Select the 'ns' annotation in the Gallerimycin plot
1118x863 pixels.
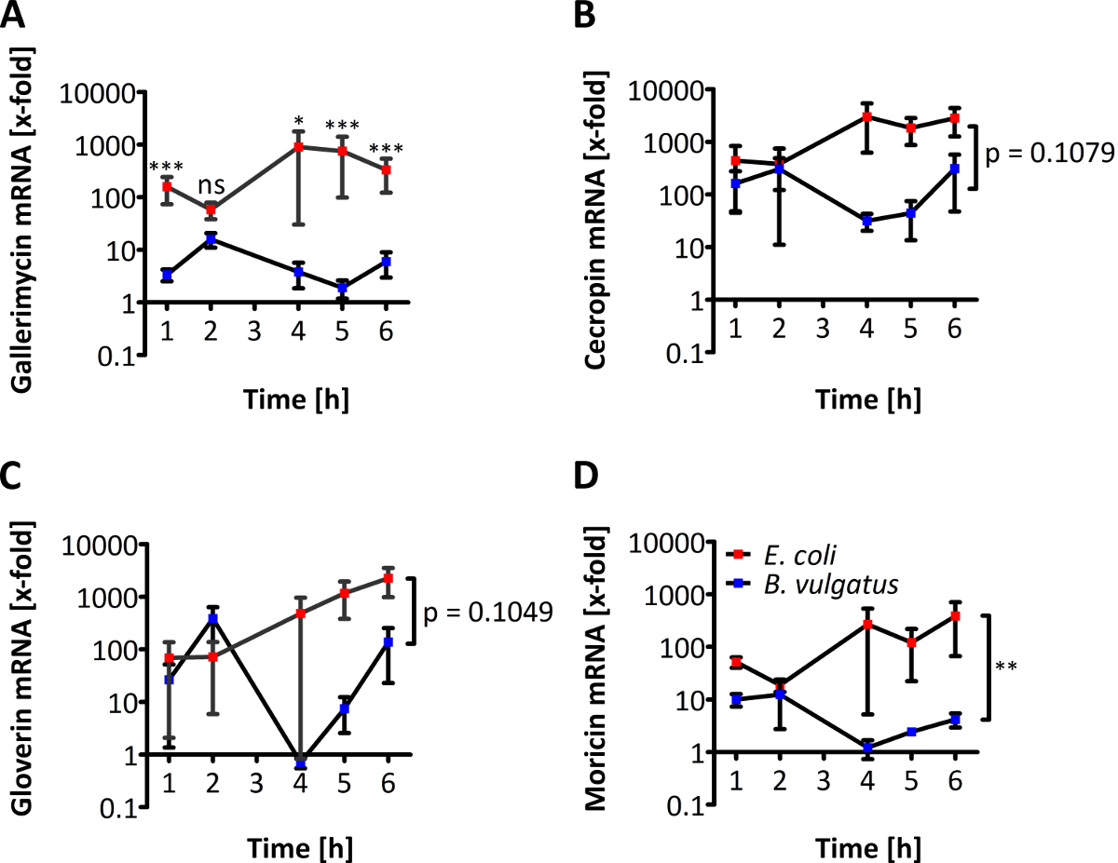click(x=211, y=185)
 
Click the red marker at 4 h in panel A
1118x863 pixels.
click(x=298, y=147)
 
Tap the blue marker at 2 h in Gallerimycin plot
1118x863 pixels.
click(x=211, y=239)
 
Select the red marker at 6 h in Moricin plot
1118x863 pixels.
click(x=954, y=616)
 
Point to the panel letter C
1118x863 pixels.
click(x=15, y=477)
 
